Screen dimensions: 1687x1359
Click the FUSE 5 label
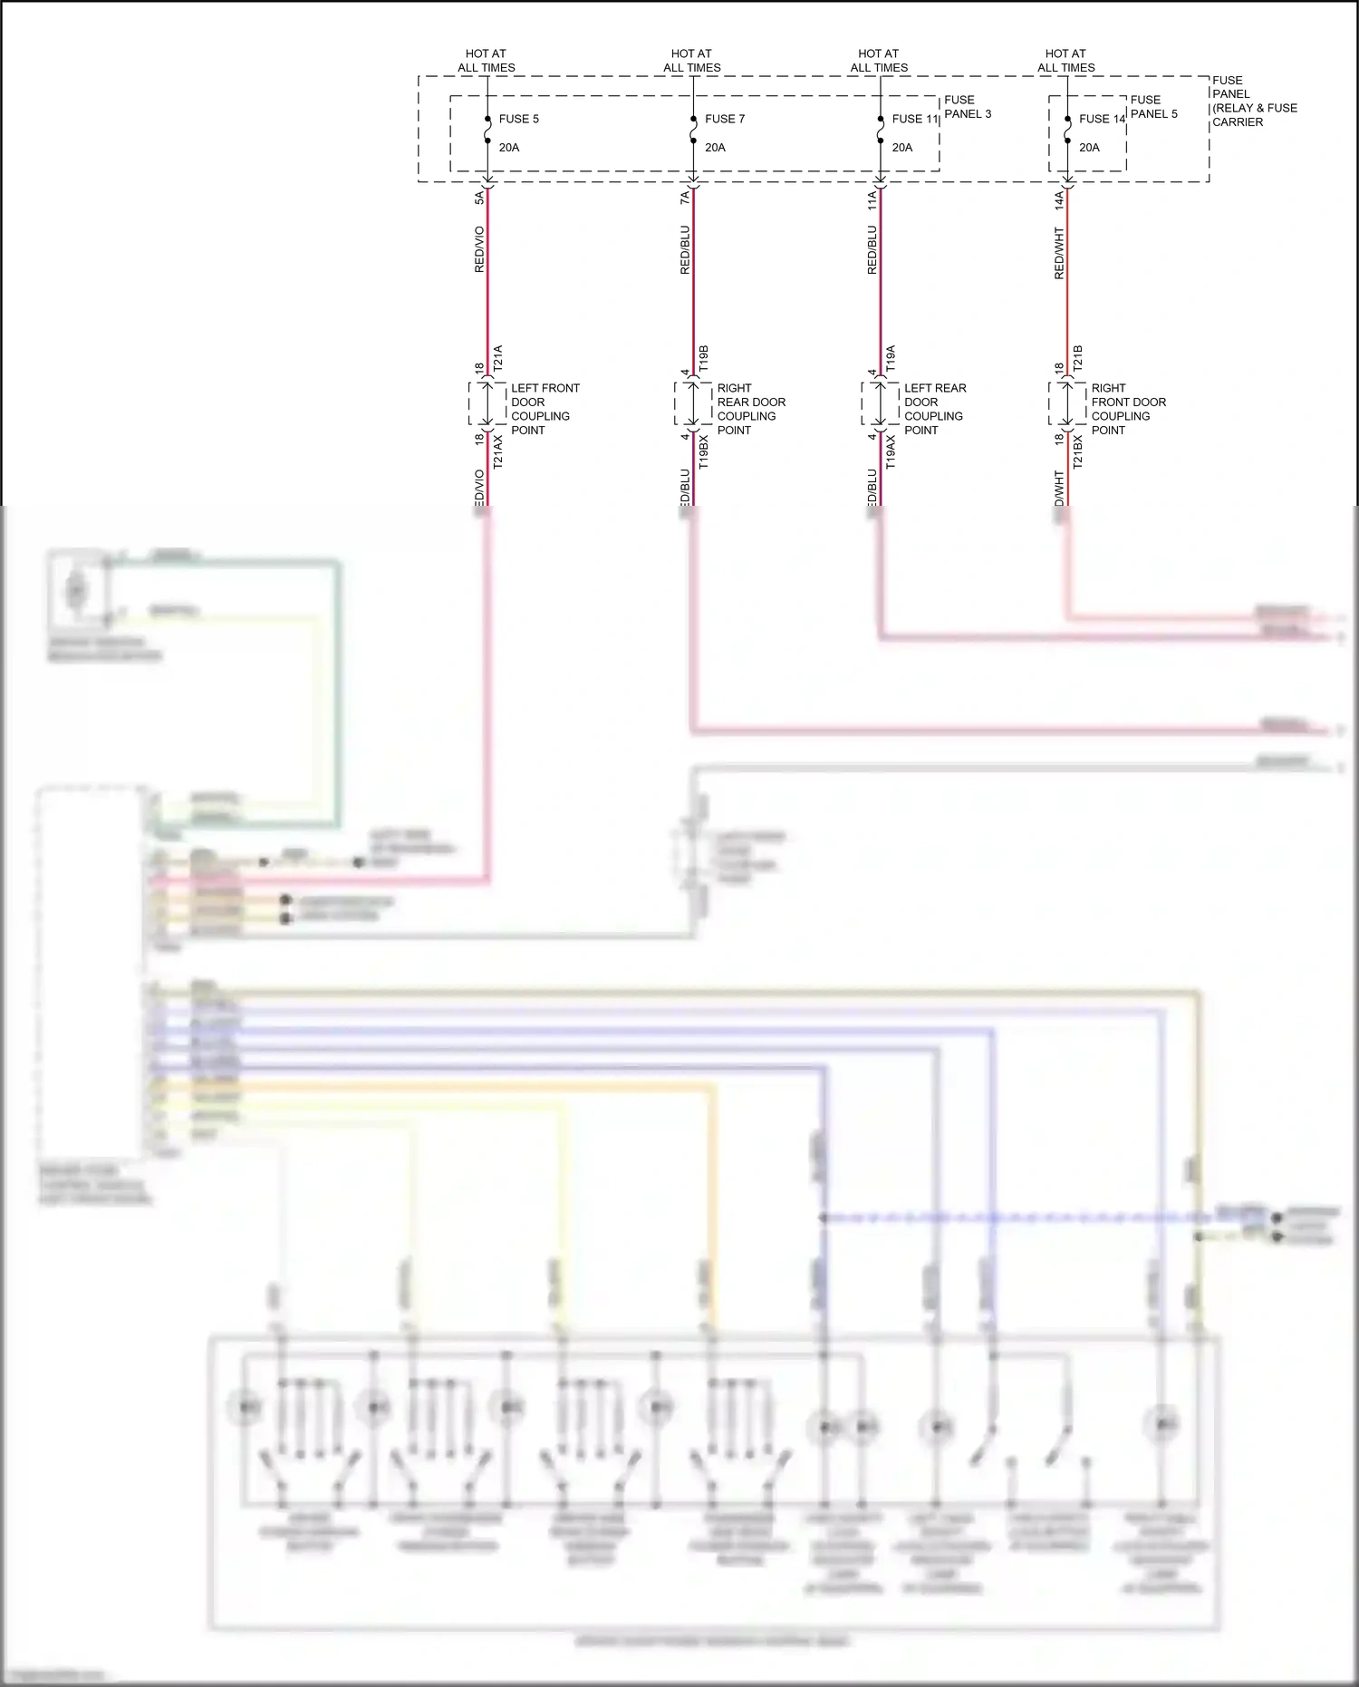(x=518, y=119)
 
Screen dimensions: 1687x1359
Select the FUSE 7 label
(x=725, y=119)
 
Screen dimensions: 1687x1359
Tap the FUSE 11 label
(x=915, y=119)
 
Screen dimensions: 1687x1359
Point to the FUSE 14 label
(x=1102, y=119)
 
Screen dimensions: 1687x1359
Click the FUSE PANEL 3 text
(x=968, y=107)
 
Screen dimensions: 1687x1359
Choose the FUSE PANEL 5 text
(x=1153, y=107)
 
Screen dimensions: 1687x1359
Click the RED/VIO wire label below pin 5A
(x=479, y=249)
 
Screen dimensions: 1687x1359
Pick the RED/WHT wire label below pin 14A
(x=1059, y=253)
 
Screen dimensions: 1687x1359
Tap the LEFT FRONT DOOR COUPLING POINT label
(x=544, y=409)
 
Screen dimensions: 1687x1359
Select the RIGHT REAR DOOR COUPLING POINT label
(x=750, y=409)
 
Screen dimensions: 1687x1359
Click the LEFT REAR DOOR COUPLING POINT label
(x=934, y=409)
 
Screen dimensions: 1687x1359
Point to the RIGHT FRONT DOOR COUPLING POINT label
(x=1128, y=409)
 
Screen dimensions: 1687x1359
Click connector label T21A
(x=497, y=359)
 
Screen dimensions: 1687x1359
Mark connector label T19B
(x=703, y=359)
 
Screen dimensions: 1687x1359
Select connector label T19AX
(x=891, y=451)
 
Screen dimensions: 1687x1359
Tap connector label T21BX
(x=1077, y=451)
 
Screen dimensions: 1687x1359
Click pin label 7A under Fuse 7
(x=685, y=197)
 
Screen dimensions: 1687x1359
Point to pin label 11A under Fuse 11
(x=872, y=200)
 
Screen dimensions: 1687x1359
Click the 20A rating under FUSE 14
(x=1089, y=148)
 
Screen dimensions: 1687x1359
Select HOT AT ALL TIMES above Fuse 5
(x=486, y=61)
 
